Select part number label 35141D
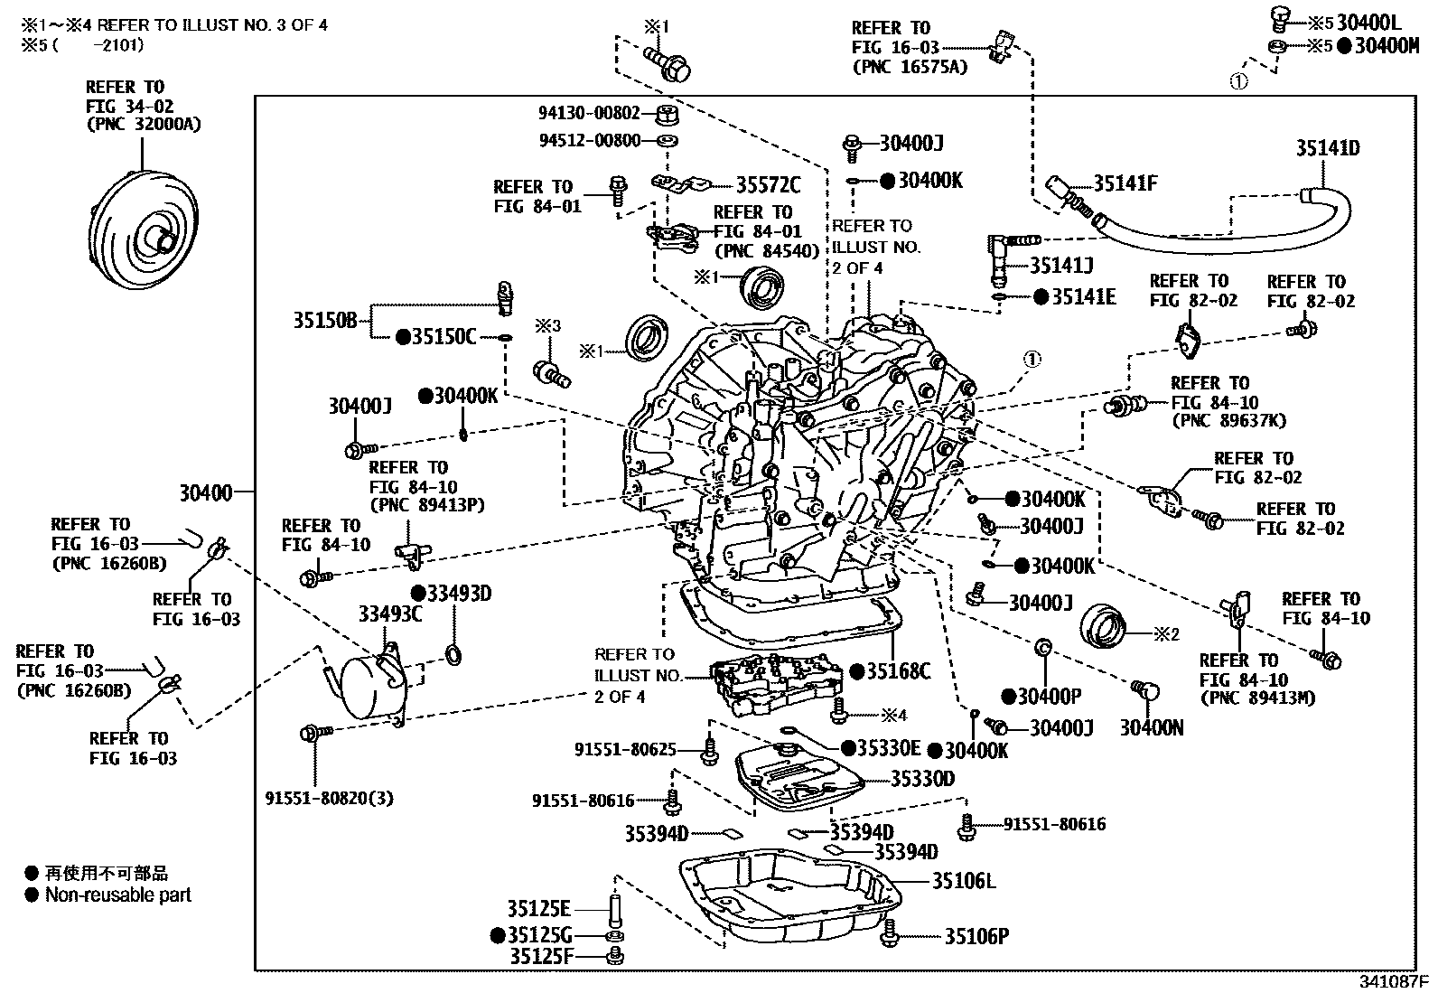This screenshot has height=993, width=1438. point(1327,148)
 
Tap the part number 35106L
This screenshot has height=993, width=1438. point(963,880)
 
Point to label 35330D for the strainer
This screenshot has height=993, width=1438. point(922,779)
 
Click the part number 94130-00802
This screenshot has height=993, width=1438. point(589,114)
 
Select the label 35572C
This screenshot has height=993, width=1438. point(768,185)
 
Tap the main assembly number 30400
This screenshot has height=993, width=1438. point(205,492)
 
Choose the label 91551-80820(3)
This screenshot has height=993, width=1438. point(330,799)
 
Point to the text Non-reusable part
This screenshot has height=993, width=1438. point(118,895)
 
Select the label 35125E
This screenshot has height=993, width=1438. point(538,909)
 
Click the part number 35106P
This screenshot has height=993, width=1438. point(976,936)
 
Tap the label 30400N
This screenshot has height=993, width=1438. point(1152,728)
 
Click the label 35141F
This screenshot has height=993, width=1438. point(1125,183)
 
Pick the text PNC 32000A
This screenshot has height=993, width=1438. point(144,124)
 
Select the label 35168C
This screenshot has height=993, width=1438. point(898,670)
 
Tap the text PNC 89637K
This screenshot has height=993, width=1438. point(1228,420)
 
